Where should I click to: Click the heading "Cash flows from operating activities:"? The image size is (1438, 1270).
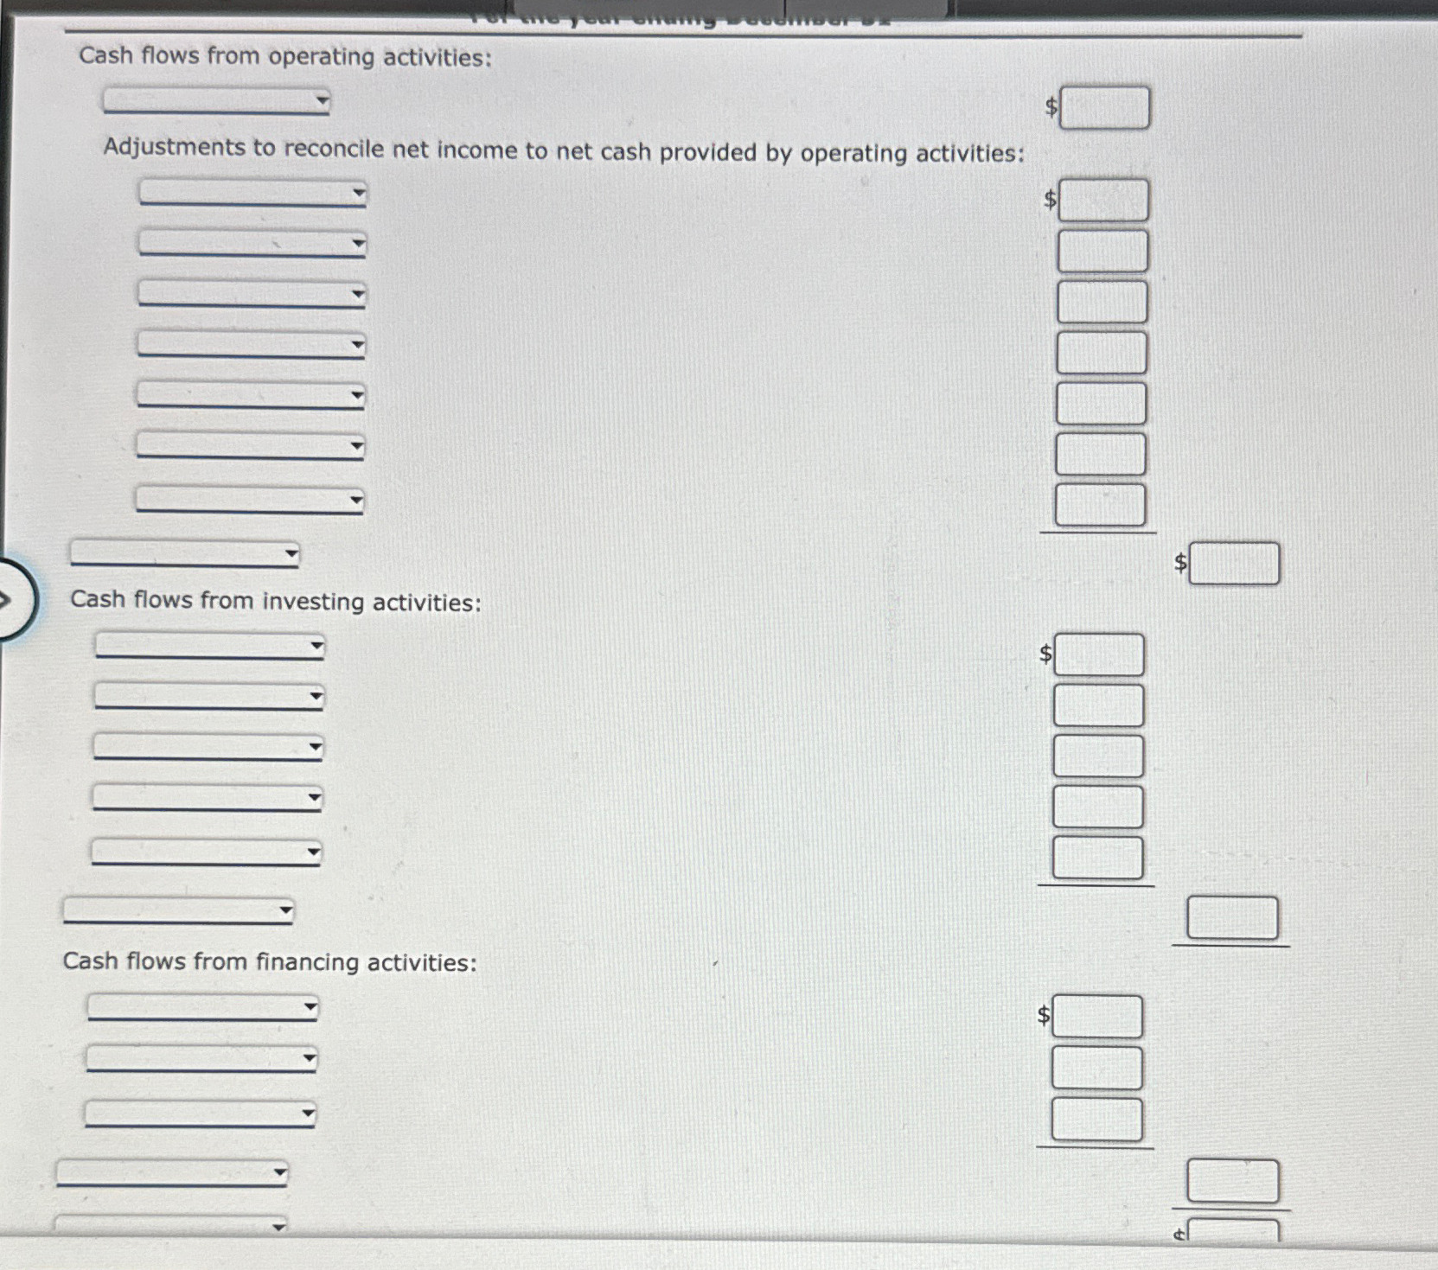[284, 57]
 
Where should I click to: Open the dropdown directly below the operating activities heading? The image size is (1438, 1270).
[216, 101]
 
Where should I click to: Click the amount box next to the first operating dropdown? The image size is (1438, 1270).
[1104, 108]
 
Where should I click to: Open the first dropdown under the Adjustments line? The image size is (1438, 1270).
[252, 193]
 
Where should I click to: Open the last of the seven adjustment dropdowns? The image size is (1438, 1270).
[250, 500]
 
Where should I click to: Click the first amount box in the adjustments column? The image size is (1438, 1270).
[1103, 201]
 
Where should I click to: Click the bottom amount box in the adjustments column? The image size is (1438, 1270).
[1100, 505]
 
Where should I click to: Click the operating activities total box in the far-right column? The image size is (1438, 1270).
[1234, 564]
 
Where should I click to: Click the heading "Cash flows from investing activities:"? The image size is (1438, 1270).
[275, 601]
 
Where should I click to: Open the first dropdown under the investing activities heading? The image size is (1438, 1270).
[209, 646]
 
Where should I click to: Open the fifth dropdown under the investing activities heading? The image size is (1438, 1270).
[206, 852]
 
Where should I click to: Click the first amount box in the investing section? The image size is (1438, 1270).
[1098, 654]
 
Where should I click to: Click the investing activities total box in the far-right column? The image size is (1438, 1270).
[1232, 917]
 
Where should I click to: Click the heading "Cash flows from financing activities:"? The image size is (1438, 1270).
[269, 961]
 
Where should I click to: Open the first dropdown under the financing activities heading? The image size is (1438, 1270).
[202, 1007]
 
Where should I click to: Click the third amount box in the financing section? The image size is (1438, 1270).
[1096, 1120]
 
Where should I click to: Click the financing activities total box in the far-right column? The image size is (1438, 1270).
[1232, 1181]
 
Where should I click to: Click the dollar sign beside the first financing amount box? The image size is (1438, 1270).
[1044, 1015]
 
